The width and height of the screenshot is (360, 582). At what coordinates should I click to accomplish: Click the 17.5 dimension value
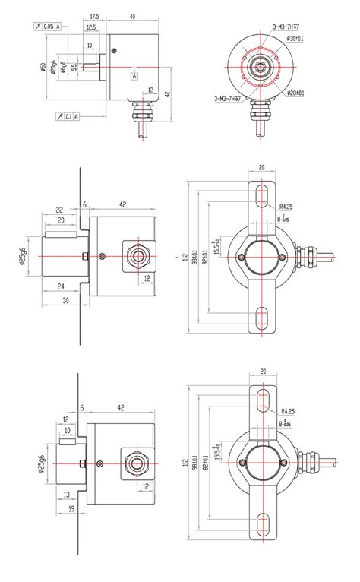click(95, 16)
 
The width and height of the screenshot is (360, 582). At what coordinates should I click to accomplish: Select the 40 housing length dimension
click(132, 16)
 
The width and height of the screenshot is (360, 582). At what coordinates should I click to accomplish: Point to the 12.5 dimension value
click(91, 28)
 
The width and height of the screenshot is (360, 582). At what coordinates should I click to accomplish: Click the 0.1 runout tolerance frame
click(67, 116)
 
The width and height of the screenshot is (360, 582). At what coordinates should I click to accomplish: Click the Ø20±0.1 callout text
click(292, 93)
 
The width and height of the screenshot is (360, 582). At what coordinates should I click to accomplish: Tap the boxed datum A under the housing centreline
click(134, 76)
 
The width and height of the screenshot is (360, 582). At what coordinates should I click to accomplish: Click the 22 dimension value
click(58, 210)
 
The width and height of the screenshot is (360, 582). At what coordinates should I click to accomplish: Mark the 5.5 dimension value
click(74, 66)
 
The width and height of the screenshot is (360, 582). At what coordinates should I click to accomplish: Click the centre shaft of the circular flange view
click(259, 68)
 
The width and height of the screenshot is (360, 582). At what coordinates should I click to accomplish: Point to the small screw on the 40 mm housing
click(114, 51)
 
